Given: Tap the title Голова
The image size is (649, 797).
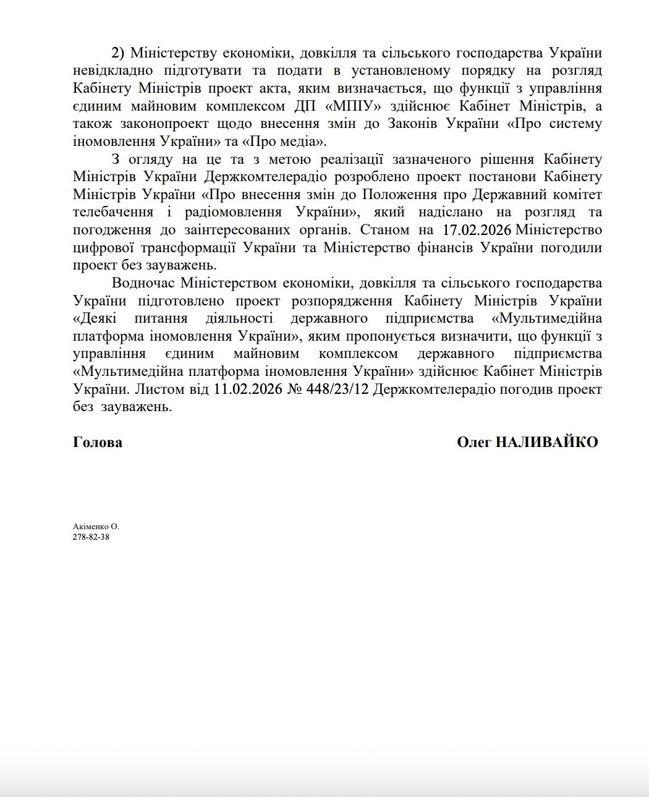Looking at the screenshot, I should (x=97, y=443).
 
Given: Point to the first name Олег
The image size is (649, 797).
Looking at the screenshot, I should (x=473, y=443).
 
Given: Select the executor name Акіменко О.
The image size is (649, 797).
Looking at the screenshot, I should (x=96, y=527).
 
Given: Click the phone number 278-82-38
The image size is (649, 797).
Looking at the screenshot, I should (x=91, y=537).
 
